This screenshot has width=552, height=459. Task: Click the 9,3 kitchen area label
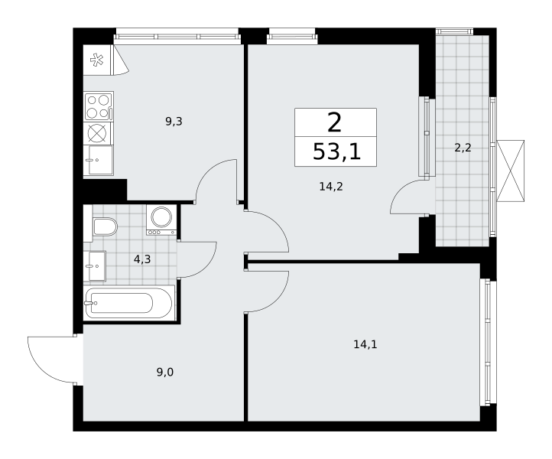pos(174,122)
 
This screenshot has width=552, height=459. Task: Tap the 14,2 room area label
pos(331,187)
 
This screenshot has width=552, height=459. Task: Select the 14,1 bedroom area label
pos(365,344)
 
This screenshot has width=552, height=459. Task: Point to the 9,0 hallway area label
pos(165,372)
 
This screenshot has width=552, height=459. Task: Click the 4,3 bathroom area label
pos(142,259)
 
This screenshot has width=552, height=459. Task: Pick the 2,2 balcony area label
pos(463,148)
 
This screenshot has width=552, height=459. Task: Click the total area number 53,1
pos(336,152)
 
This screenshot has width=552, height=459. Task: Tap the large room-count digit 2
pos(334,123)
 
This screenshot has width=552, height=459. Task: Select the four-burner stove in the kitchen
pos(99,106)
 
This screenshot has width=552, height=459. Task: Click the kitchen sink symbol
pos(100,160)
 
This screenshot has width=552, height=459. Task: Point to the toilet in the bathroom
pos(105,226)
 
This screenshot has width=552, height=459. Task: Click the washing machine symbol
pos(161,220)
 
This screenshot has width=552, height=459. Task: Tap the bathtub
pos(129,303)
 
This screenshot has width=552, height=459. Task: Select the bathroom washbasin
pos(97,266)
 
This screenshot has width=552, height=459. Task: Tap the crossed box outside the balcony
pos(510,171)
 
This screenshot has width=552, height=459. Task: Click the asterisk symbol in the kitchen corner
pos(96,60)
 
